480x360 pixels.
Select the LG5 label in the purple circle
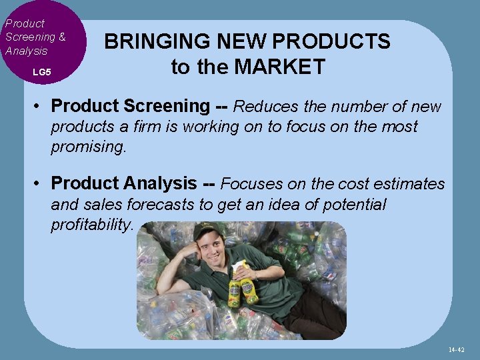pos(41,71)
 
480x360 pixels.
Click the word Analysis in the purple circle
pos(26,51)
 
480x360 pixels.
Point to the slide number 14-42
pos(456,349)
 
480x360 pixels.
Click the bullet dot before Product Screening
pos(41,107)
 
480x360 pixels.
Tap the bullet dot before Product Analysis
pos(41,183)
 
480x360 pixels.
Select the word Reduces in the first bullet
pos(265,106)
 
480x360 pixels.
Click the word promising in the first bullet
pos(87,147)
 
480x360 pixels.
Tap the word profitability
pos(92,225)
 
